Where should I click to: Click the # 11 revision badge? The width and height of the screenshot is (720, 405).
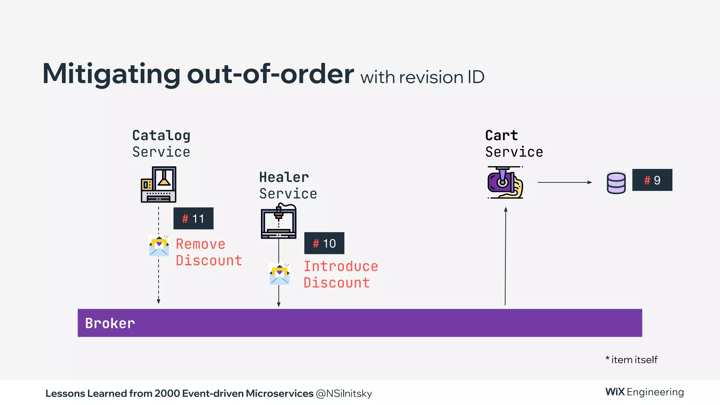tap(193, 218)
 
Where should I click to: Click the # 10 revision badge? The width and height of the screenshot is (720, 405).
tap(324, 243)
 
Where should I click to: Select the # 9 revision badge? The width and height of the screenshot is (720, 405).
tap(652, 180)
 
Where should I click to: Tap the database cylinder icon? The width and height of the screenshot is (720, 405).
tap(616, 182)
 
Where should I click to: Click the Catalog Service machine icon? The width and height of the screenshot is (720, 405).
tap(159, 185)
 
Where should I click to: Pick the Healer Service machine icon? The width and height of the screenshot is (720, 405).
tap(279, 221)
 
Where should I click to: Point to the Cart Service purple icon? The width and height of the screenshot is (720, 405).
tap(505, 182)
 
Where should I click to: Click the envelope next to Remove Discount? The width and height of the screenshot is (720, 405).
tap(159, 246)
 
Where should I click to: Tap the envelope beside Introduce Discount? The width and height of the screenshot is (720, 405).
tap(279, 274)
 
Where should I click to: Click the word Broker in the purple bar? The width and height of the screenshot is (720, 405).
tap(110, 323)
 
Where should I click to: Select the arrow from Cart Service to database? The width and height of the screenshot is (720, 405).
tap(565, 182)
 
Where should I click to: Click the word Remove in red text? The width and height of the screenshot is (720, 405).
tap(200, 244)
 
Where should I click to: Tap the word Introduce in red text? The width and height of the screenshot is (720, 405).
tap(341, 266)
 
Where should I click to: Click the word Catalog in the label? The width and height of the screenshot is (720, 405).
tap(161, 135)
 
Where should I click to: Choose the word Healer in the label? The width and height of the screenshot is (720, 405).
tap(284, 177)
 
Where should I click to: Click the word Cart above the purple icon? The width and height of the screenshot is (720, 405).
tap(501, 135)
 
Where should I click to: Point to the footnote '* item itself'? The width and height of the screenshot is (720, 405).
tap(631, 360)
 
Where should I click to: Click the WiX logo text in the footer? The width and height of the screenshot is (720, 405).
tap(615, 392)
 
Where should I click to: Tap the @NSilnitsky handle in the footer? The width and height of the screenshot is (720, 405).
tap(344, 393)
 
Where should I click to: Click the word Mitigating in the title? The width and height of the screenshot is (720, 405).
tap(111, 74)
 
